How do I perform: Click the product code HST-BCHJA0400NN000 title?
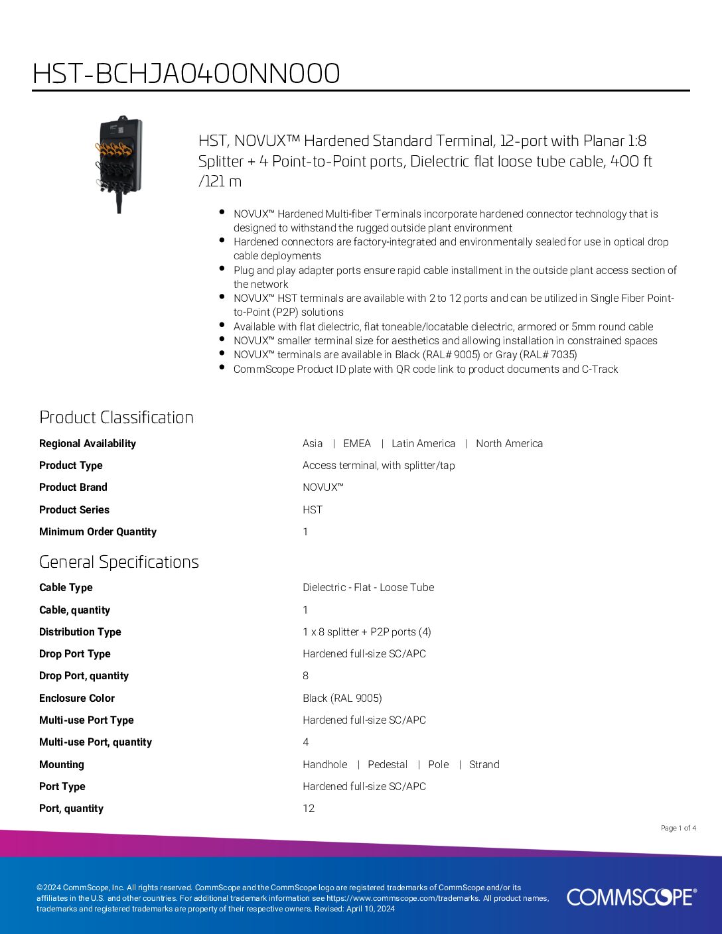(x=186, y=73)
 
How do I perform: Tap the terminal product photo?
(x=119, y=164)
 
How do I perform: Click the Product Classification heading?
(x=116, y=417)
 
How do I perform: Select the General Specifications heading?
(x=119, y=562)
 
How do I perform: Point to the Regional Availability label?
(x=88, y=444)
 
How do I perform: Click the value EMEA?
(x=357, y=444)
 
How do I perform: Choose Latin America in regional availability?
(x=423, y=444)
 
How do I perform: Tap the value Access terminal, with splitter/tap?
(x=379, y=466)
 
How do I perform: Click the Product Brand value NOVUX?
(x=323, y=488)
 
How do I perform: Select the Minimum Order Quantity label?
(x=98, y=532)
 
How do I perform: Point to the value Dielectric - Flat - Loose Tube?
(x=368, y=588)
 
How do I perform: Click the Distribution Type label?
(x=80, y=632)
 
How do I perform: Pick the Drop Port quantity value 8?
(x=306, y=676)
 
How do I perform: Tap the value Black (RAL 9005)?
(x=342, y=699)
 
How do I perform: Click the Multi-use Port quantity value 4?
(x=306, y=742)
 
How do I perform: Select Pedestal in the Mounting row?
(x=388, y=765)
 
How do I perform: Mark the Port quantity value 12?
(x=309, y=809)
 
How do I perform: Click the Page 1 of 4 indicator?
(x=678, y=828)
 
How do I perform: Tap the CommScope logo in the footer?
(x=631, y=897)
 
